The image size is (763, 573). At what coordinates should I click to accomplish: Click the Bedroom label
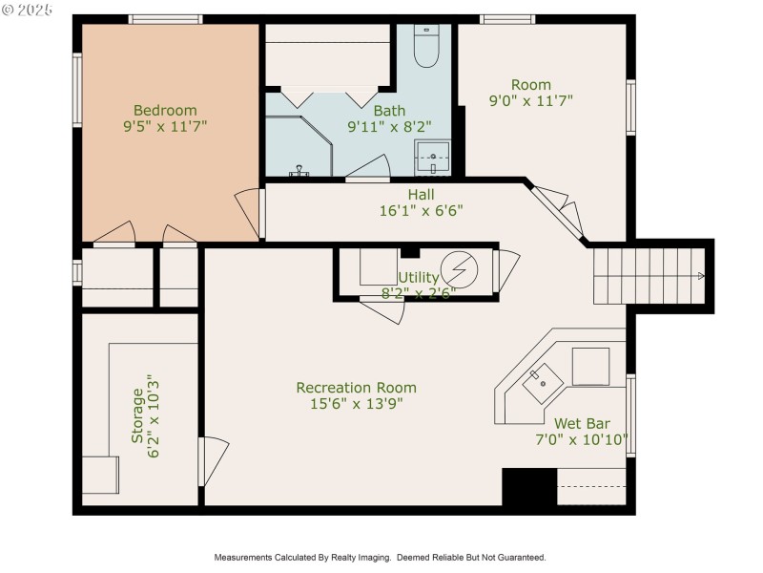click(165, 110)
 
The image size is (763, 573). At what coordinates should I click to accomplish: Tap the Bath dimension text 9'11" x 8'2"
click(389, 125)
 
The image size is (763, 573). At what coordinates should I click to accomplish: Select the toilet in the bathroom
click(425, 45)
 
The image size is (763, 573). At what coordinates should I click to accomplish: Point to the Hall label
click(421, 195)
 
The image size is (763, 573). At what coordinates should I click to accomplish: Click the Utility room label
click(418, 277)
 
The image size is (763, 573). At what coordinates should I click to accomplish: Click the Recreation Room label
click(356, 388)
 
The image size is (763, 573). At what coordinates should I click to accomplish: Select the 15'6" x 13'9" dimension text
click(356, 404)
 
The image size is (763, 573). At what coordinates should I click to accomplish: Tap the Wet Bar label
click(582, 423)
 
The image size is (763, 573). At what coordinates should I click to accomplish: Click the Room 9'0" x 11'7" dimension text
click(531, 100)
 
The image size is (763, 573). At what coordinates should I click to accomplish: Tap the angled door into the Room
click(558, 209)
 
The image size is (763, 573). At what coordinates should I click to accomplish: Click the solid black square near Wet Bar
click(528, 487)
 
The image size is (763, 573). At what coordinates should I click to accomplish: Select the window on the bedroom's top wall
click(165, 19)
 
